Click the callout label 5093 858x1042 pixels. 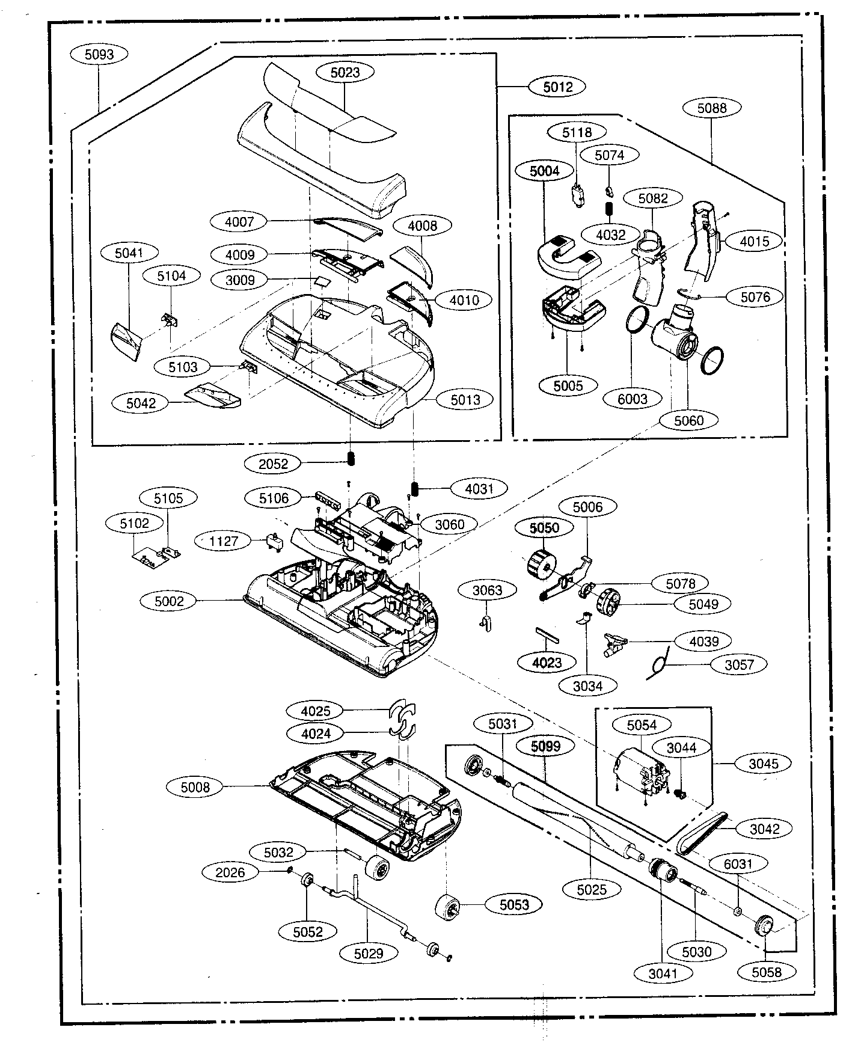[99, 54]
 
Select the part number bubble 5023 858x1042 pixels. [345, 72]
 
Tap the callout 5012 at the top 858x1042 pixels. [558, 87]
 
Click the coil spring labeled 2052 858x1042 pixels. [350, 459]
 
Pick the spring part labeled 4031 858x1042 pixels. [415, 488]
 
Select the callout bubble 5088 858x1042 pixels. [712, 108]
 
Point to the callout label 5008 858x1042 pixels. [195, 787]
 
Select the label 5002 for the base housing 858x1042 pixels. [170, 601]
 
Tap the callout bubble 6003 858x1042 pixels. [633, 399]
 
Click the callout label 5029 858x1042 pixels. [369, 953]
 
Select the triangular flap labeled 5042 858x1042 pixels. [213, 395]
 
